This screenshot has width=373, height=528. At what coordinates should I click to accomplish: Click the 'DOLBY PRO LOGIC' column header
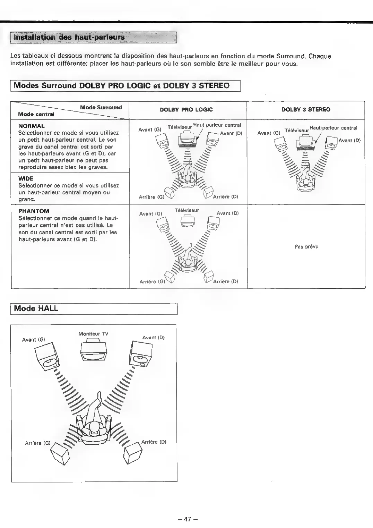tap(186, 110)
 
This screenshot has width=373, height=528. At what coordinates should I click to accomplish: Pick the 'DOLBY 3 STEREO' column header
tap(306, 110)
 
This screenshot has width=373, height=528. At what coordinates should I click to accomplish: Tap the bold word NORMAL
tap(31, 126)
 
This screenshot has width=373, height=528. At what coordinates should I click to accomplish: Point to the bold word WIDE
tap(26, 179)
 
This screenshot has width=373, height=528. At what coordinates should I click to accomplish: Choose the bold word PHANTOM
tap(34, 211)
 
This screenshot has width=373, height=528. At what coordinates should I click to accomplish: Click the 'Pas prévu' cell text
tap(306, 247)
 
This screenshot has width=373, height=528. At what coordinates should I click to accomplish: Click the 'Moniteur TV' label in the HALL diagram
tap(93, 334)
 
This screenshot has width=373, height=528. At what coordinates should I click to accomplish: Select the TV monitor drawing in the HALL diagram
tap(94, 351)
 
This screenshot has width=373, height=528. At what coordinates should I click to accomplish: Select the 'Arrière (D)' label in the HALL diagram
tap(154, 442)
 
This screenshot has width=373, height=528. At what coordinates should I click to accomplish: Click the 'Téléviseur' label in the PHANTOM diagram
tap(186, 211)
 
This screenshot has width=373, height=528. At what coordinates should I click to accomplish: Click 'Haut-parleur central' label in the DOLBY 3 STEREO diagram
tap(333, 128)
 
